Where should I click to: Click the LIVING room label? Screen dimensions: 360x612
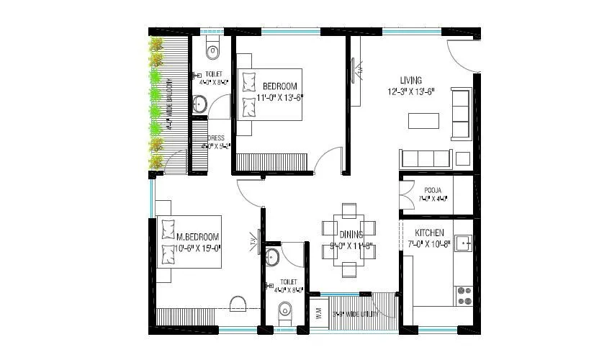pos(411,80)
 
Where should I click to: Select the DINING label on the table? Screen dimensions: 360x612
pos(352,234)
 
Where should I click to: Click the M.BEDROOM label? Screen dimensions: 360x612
pos(198,237)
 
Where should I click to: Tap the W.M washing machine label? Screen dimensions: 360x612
pos(318,314)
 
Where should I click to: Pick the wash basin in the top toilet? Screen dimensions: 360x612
pos(199,104)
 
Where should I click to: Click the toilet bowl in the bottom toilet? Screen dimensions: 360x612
pos(285,311)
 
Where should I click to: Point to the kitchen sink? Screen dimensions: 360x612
pos(464,244)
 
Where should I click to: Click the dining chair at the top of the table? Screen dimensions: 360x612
pos(349,210)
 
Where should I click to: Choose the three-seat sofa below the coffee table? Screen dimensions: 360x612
pos(425,158)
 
